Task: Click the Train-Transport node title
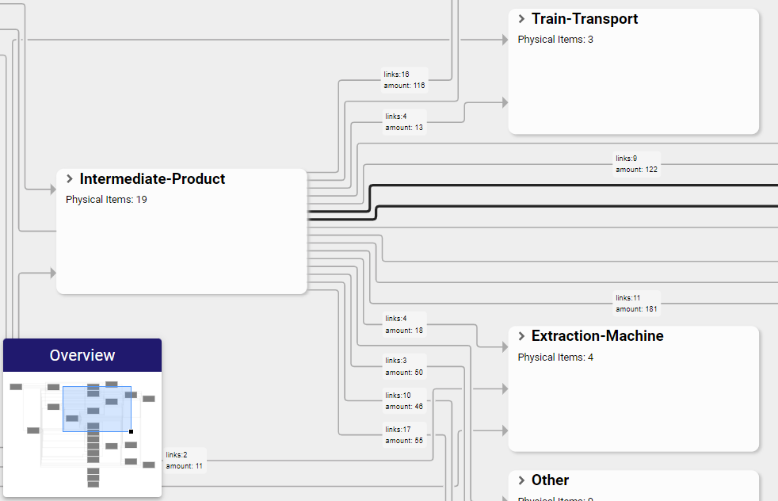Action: point(585,19)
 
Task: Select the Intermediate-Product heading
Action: point(152,179)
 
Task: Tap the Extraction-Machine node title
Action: point(597,336)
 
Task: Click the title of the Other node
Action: point(550,480)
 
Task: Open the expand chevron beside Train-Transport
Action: point(521,19)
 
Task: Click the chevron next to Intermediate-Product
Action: point(70,179)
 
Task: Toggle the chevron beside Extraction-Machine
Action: point(521,336)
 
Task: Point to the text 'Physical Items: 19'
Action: point(106,200)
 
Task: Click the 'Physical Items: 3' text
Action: point(555,40)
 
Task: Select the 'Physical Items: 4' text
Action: point(555,358)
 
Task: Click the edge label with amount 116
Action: point(405,80)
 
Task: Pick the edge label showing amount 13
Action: point(404,122)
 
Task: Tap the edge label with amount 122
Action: point(636,164)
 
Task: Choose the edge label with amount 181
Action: point(636,304)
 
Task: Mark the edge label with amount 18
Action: point(404,324)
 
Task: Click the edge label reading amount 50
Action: point(404,366)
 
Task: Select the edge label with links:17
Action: point(404,435)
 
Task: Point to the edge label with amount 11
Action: point(185,461)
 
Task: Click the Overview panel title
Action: point(82,355)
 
